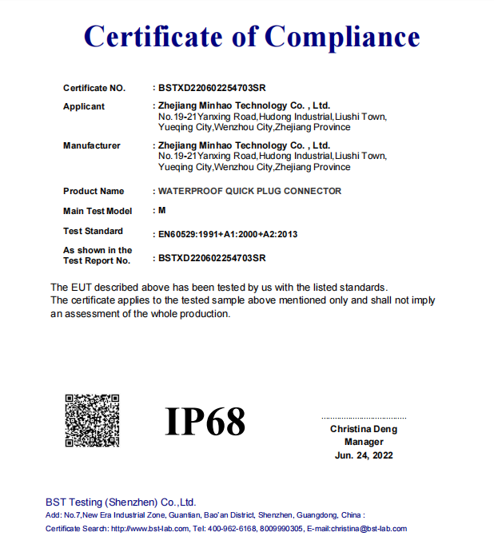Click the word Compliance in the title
point(342,36)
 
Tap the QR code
point(92,420)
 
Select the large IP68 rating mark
point(205,421)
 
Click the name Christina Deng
point(364,429)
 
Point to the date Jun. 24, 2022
point(364,455)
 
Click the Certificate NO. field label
point(94,88)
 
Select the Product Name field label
point(94,191)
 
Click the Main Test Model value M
point(162,211)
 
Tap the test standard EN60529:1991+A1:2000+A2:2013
point(228,234)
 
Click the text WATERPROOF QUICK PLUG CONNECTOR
point(249,191)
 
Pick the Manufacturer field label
point(92,145)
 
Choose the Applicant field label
point(84,106)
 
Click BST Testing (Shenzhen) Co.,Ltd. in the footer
point(121,502)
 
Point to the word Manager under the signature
point(364,442)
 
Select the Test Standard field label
point(94,231)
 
